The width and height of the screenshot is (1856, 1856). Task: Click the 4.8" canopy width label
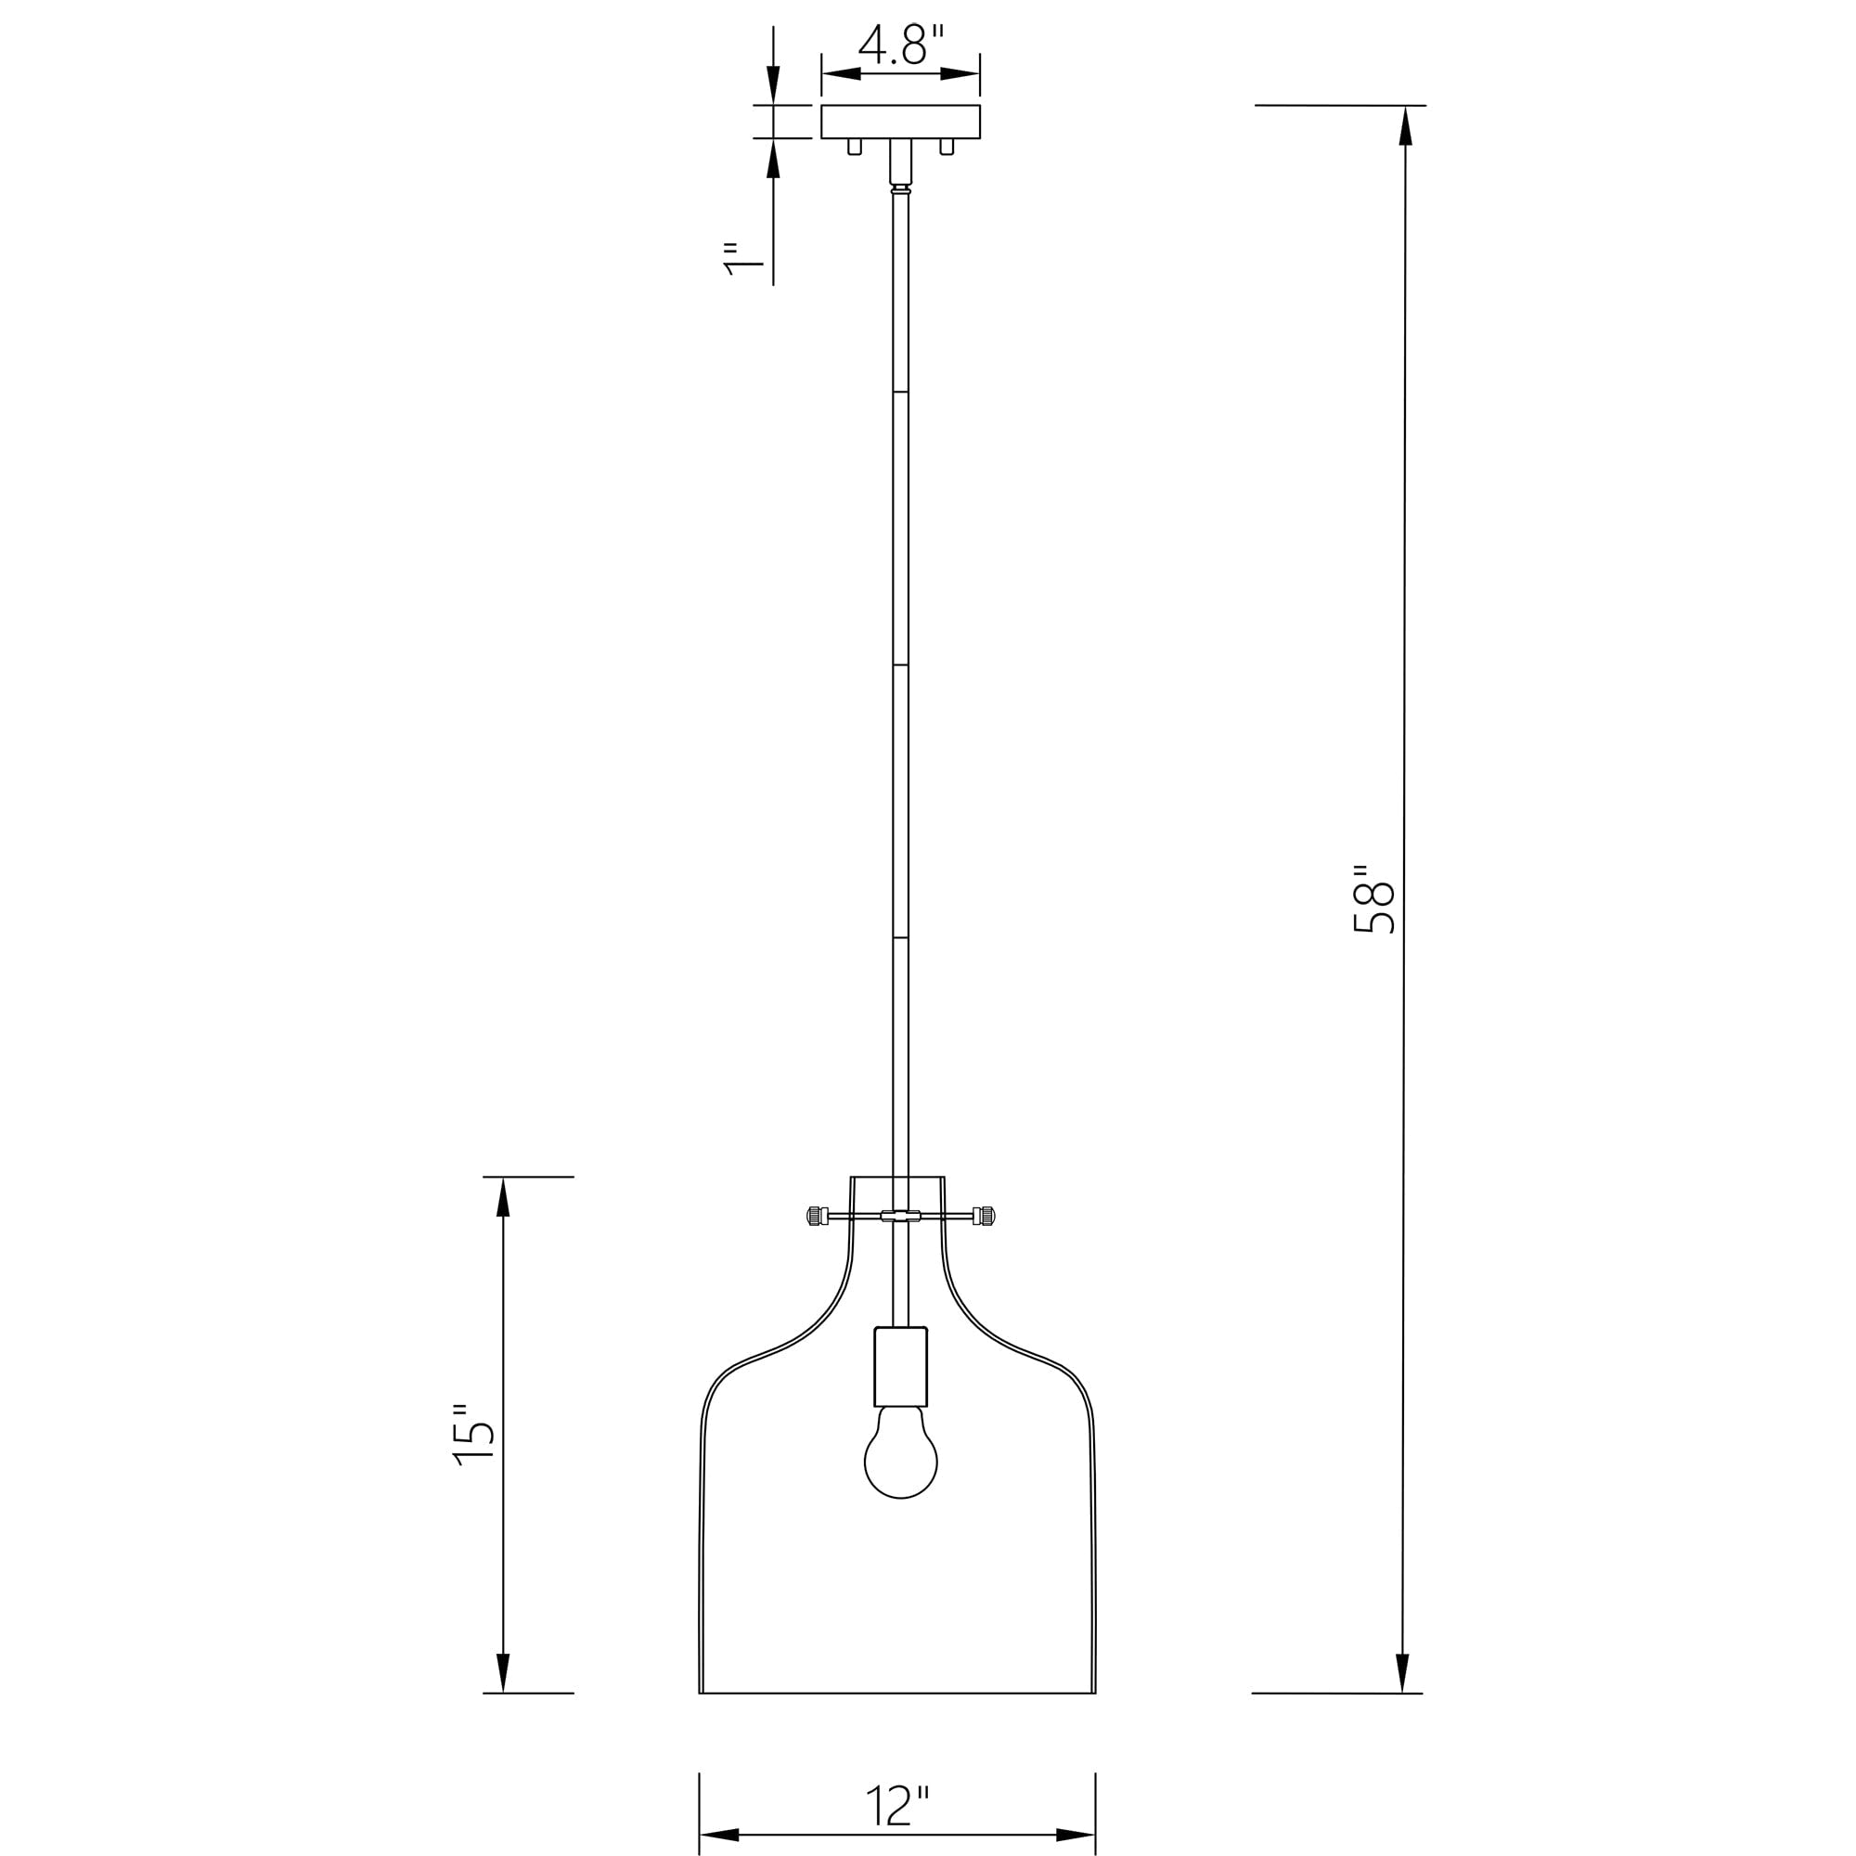[x=901, y=45]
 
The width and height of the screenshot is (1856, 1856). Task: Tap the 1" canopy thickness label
[x=741, y=260]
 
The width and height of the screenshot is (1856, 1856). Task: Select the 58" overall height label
[x=1373, y=898]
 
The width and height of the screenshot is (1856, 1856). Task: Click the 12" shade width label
[x=898, y=1807]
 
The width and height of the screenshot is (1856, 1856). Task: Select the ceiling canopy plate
[x=900, y=122]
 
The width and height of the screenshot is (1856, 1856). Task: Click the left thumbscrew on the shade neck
[x=816, y=1217]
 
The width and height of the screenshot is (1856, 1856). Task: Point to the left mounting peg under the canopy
[x=854, y=147]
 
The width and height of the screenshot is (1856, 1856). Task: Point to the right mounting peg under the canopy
[x=947, y=147]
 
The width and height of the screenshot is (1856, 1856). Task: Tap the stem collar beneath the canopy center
[x=900, y=161]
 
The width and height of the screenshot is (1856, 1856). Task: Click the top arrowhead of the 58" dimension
[x=1404, y=126]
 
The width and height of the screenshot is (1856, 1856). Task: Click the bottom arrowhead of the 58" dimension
[x=1401, y=1672]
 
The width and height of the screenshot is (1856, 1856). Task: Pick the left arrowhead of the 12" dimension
[x=719, y=1835]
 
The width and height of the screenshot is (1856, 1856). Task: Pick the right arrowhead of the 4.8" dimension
[x=960, y=74]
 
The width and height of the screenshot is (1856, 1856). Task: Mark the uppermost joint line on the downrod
[x=900, y=392]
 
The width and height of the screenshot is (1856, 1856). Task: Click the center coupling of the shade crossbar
[x=900, y=1217]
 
